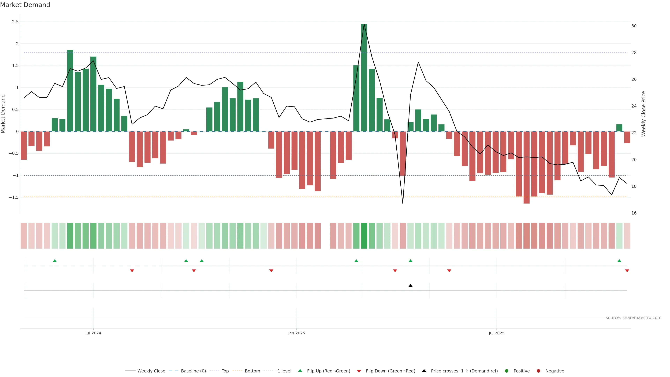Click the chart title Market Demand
point(25,5)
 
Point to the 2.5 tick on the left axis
point(15,22)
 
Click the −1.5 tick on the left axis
point(14,197)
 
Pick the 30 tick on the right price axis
point(634,26)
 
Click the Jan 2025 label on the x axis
point(296,333)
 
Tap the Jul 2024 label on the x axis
point(93,333)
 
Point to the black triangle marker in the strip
point(410,286)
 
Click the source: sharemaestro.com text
point(633,318)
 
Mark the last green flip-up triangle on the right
point(619,261)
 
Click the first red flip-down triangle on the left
point(132,271)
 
